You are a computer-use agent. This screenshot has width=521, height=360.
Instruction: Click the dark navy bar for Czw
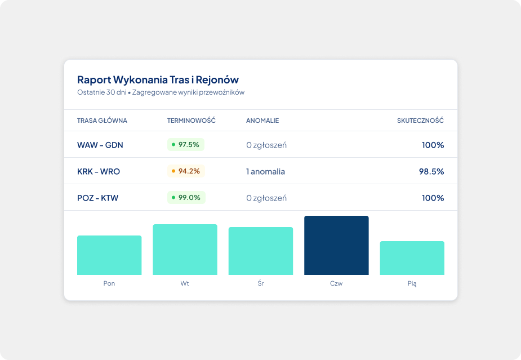[x=336, y=245]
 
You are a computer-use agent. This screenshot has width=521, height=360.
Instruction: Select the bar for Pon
[x=109, y=255]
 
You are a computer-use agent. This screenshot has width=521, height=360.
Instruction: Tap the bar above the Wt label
[x=185, y=250]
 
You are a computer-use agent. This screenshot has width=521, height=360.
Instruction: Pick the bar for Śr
[x=261, y=251]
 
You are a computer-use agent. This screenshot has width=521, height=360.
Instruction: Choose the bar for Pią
[x=412, y=258]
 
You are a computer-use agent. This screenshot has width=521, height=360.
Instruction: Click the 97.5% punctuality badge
[x=186, y=145]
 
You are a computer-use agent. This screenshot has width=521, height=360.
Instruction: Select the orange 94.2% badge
[x=186, y=171]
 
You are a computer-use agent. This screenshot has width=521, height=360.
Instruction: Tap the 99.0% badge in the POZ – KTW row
[x=186, y=197]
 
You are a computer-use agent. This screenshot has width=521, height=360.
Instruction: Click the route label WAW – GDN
[x=100, y=145]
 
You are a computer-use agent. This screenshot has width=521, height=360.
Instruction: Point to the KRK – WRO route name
[x=99, y=171]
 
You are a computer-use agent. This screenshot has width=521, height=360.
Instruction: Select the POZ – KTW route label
[x=97, y=198]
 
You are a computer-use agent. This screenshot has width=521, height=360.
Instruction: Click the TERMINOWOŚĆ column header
[x=192, y=121]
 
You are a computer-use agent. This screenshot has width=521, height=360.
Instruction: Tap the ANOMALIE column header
[x=262, y=121]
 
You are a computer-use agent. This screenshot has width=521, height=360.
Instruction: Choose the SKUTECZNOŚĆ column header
[x=420, y=121]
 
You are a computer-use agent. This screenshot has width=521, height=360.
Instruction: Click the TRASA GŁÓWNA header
[x=102, y=121]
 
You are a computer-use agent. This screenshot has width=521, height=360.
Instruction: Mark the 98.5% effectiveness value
[x=431, y=171]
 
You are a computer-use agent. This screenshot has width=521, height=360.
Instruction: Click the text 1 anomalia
[x=265, y=171]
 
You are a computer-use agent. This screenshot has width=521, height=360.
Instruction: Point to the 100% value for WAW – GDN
[x=433, y=145]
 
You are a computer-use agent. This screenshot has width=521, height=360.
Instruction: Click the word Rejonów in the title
[x=217, y=80]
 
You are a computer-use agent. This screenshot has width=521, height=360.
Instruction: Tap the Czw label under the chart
[x=336, y=283]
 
